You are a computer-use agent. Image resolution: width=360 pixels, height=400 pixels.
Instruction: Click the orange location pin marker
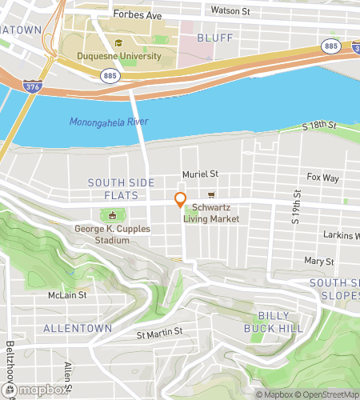(180, 200)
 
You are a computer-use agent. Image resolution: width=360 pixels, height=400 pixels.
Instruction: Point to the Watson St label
(230, 11)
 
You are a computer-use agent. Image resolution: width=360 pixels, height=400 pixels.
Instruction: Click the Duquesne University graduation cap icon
(119, 44)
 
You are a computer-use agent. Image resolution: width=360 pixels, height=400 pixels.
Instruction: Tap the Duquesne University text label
(119, 57)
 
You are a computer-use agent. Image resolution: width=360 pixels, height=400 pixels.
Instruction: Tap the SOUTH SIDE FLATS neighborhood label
(114, 189)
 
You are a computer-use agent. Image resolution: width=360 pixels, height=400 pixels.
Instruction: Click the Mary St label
(318, 262)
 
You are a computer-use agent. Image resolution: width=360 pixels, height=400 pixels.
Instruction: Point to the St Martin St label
(159, 332)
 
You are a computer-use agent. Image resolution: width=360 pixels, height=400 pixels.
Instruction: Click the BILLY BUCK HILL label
(276, 322)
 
